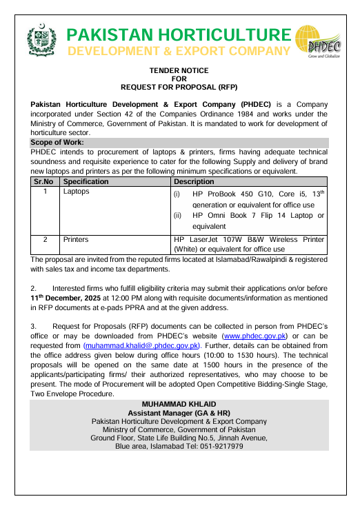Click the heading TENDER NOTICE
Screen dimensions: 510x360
(179, 71)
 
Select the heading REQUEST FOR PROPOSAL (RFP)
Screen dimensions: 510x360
(179, 88)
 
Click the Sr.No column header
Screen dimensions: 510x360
(43, 181)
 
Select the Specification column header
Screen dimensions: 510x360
(86, 181)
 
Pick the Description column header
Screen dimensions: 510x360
(196, 181)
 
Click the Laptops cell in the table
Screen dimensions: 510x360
(77, 192)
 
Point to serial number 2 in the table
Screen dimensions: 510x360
(45, 240)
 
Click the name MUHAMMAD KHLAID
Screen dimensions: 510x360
(179, 403)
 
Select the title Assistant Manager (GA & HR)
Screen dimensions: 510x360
(179, 412)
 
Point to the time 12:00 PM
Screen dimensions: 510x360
(134, 298)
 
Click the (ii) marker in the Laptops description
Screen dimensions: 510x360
(177, 216)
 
